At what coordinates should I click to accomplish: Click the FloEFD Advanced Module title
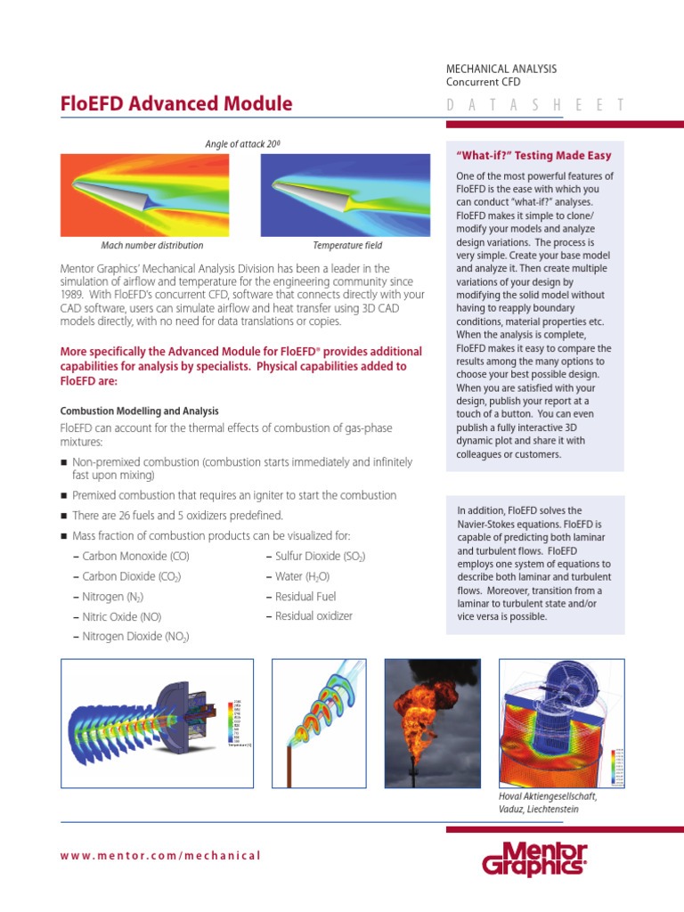pyautogui.click(x=176, y=103)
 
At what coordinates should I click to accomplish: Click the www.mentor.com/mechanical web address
pyautogui.click(x=161, y=855)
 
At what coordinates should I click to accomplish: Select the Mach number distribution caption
pyautogui.click(x=151, y=245)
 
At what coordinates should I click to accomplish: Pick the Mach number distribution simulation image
pyautogui.click(x=151, y=194)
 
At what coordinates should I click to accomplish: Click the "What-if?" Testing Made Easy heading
pyautogui.click(x=533, y=156)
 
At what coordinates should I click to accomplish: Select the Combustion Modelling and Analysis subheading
pyautogui.click(x=139, y=411)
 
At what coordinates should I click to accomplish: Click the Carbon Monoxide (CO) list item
pyautogui.click(x=135, y=557)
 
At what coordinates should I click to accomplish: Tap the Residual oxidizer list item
pyautogui.click(x=313, y=616)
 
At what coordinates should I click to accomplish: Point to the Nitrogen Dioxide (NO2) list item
pyautogui.click(x=135, y=637)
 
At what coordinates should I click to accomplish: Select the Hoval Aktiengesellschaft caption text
pyautogui.click(x=547, y=802)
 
